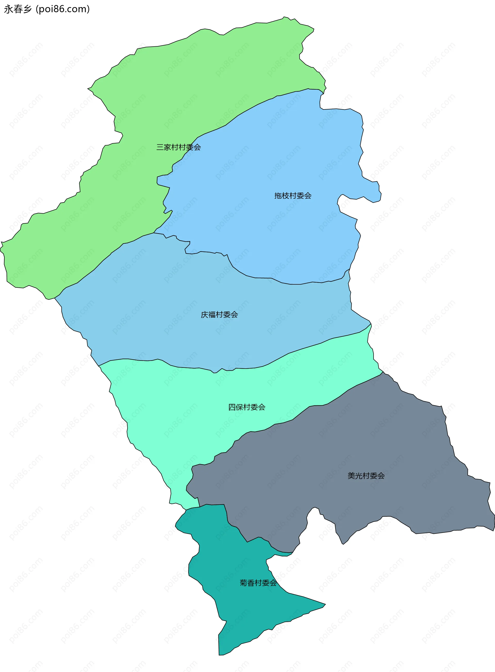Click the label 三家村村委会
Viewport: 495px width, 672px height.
click(179, 147)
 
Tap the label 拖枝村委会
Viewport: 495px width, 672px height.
click(293, 196)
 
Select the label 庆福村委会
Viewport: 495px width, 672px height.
click(219, 314)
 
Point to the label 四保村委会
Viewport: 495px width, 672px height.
click(247, 407)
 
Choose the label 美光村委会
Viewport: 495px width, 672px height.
click(366, 476)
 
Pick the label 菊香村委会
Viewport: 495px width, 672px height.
click(258, 583)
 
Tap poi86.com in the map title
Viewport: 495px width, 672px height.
click(63, 9)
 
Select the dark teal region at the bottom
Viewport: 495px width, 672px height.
click(240, 614)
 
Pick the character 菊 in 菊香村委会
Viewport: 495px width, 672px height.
click(243, 583)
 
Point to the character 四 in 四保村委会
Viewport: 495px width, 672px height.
click(232, 407)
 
